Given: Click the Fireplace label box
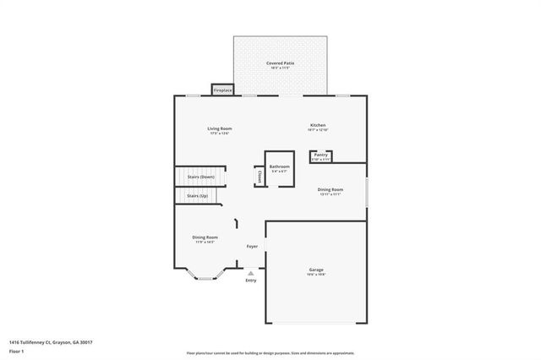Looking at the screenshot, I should [x=222, y=90].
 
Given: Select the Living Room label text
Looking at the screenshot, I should [x=219, y=129].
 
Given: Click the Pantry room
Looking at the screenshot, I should [x=321, y=155].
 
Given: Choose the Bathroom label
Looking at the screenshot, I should [x=280, y=168].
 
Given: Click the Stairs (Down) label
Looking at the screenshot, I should [x=200, y=177].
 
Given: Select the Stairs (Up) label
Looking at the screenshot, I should [x=197, y=195].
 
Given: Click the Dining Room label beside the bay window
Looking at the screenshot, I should [x=205, y=239].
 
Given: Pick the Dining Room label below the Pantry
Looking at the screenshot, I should [x=330, y=191].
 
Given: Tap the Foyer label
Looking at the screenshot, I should [x=252, y=246].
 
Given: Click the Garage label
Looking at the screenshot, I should [x=316, y=270].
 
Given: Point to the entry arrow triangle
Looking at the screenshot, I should [x=251, y=273].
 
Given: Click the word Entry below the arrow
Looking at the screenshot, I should [x=251, y=281].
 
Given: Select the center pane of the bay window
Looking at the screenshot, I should [x=205, y=278].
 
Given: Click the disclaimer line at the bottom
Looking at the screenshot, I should [x=270, y=352].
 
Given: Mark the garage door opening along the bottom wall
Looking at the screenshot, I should [x=317, y=323].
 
